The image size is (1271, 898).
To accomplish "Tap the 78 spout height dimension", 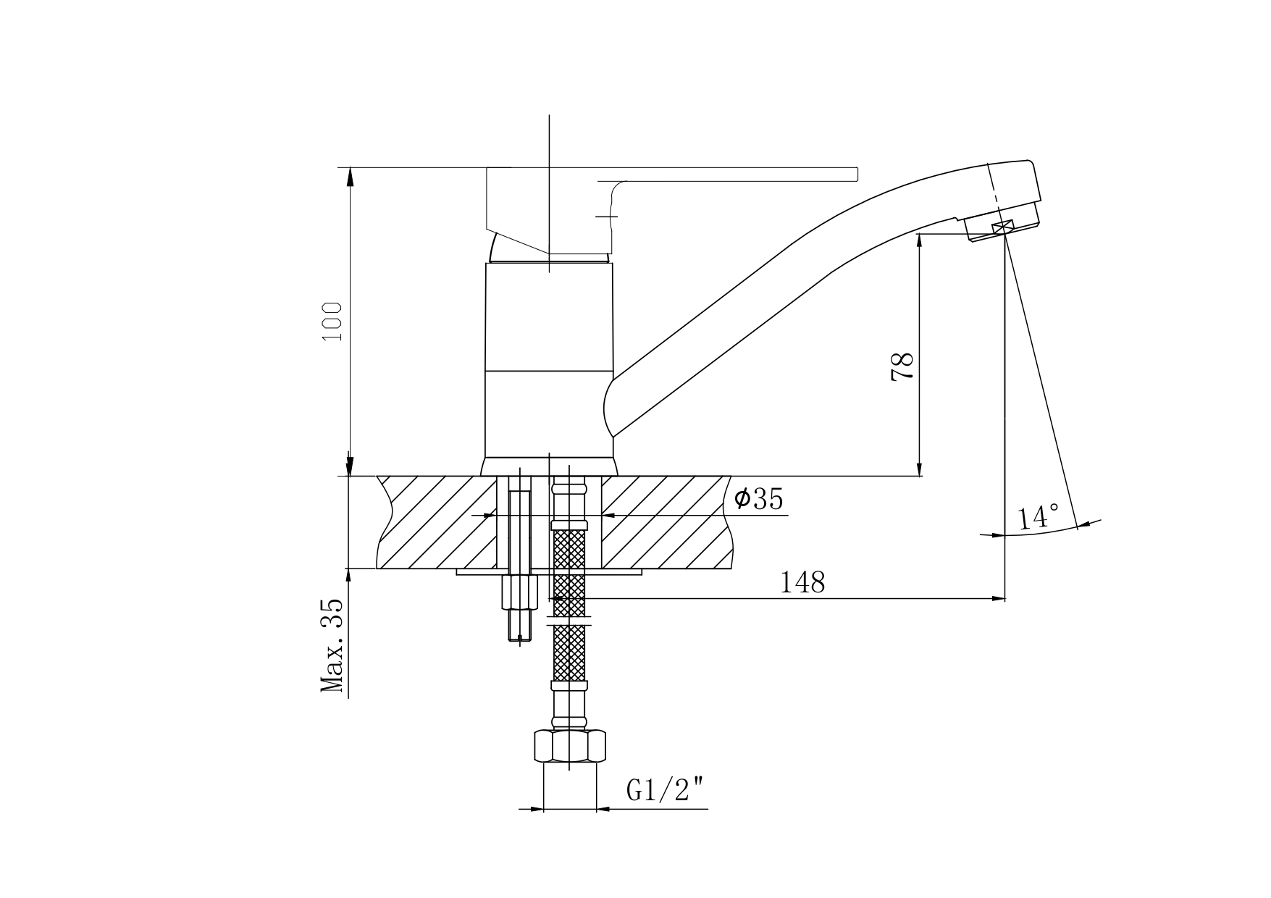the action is (902, 366).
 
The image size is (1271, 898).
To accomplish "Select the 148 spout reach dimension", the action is (802, 582).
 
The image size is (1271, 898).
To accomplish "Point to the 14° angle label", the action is (1038, 517).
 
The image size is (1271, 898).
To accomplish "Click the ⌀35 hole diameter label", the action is (758, 499).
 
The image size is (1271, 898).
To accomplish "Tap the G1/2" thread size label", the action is (666, 791).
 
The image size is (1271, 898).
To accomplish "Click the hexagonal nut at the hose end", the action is (569, 746).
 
